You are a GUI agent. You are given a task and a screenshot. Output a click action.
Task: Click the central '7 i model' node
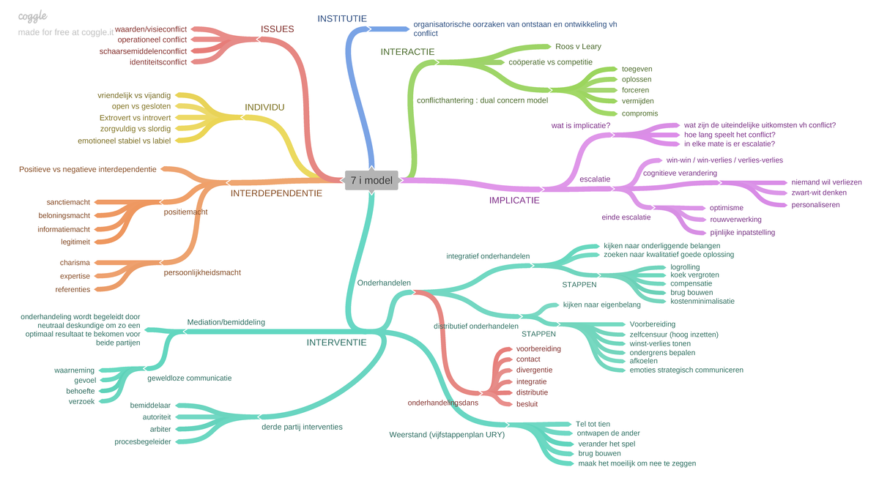(371, 180)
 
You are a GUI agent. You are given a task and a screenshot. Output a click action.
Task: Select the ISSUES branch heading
(277, 29)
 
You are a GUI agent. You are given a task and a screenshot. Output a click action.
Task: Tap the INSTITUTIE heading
(342, 18)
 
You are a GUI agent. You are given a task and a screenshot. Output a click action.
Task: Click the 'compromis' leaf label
(639, 113)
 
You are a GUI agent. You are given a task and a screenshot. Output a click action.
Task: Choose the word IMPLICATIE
(514, 199)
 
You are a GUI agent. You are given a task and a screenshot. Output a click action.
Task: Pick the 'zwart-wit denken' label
(819, 193)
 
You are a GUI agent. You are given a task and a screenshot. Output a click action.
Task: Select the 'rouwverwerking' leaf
(735, 219)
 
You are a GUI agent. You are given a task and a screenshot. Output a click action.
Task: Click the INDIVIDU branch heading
(264, 107)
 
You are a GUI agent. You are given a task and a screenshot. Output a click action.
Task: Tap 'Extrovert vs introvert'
(136, 117)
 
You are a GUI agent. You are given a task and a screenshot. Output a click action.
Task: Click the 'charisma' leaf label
(75, 263)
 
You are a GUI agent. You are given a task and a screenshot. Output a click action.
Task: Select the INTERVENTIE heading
(336, 342)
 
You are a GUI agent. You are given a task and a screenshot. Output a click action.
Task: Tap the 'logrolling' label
(685, 266)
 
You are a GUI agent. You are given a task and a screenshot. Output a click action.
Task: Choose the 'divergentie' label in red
(534, 370)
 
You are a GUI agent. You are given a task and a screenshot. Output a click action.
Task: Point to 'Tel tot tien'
(593, 424)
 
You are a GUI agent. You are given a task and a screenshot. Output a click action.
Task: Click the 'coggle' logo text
(32, 15)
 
